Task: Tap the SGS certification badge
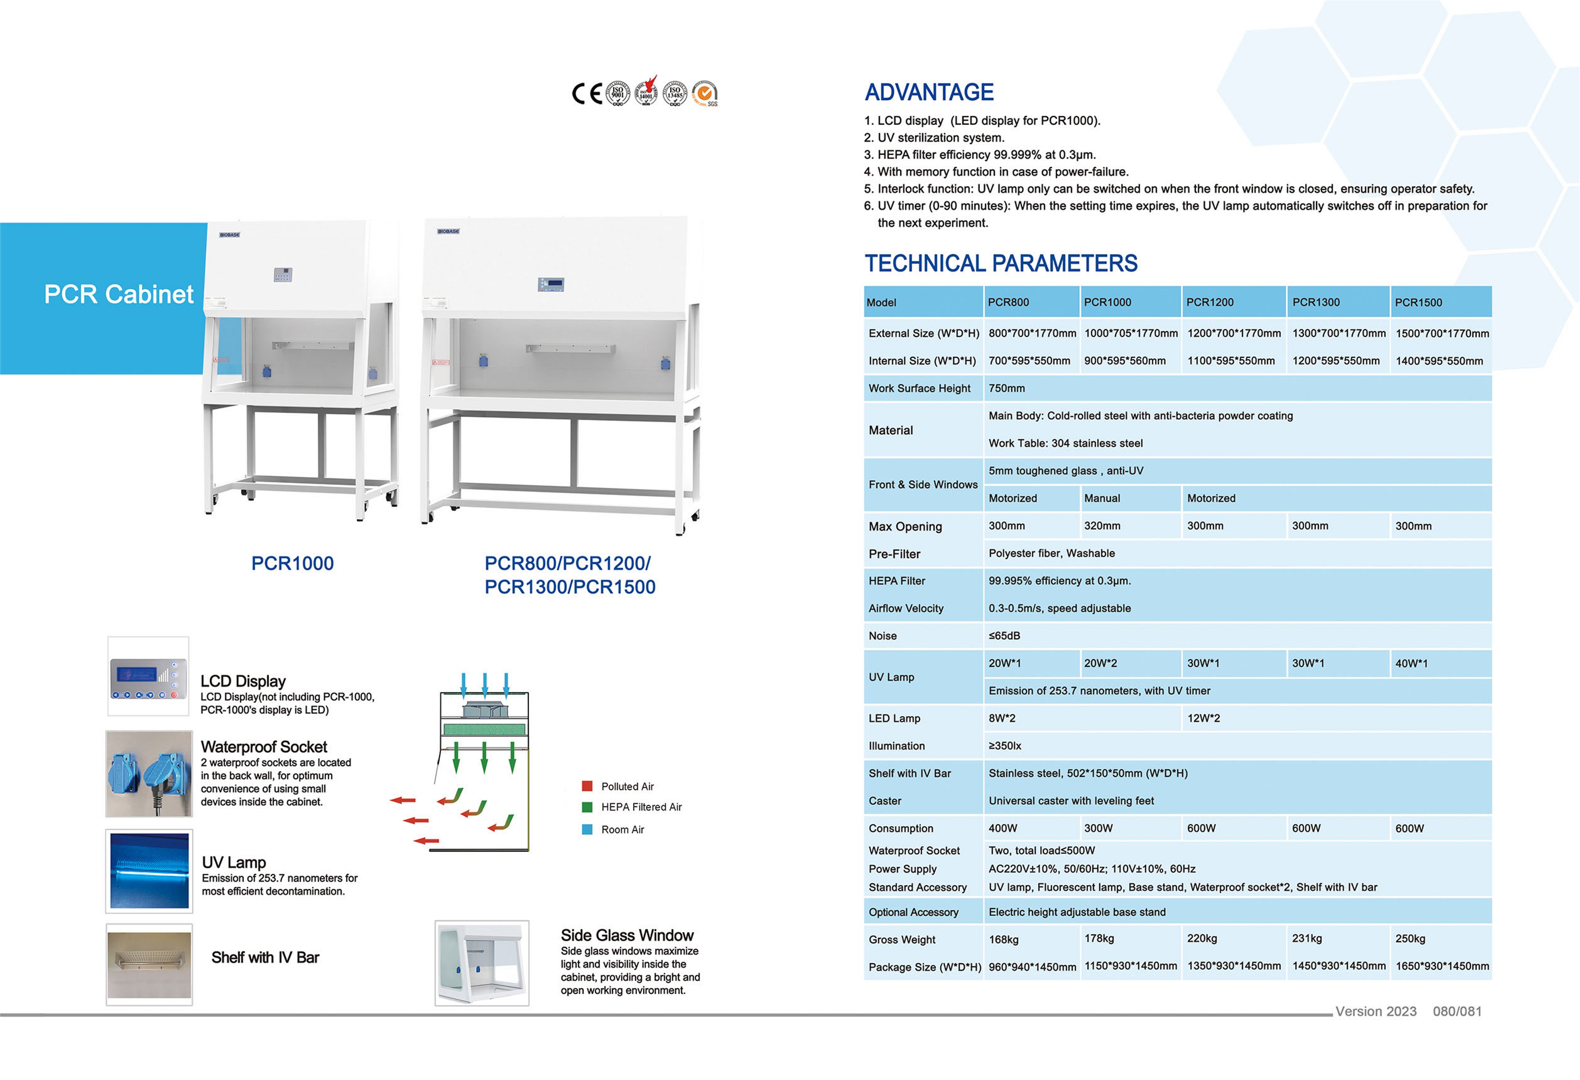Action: coord(705,93)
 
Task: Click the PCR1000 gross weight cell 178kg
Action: coord(1099,939)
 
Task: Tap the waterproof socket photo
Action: coord(149,774)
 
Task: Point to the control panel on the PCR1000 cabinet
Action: coord(283,275)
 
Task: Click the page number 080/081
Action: coord(1457,1011)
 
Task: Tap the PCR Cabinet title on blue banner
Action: coord(118,294)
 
